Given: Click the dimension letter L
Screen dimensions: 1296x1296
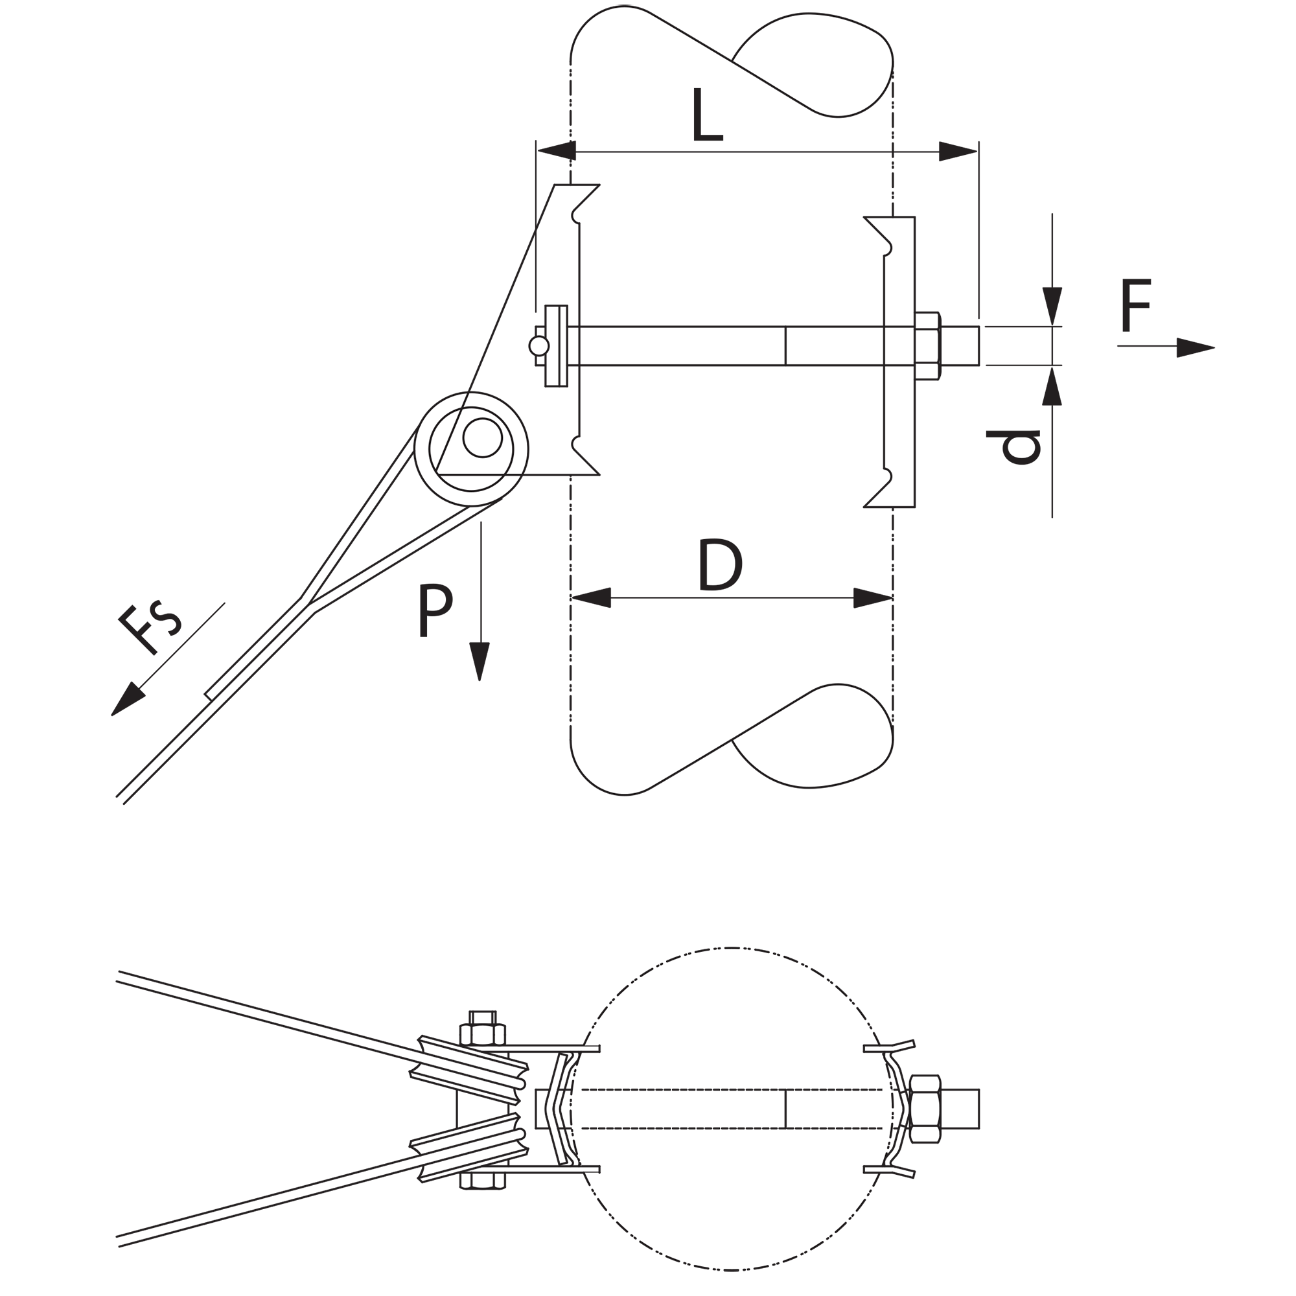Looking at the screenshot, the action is tap(708, 115).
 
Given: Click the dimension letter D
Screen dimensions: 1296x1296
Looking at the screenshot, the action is tap(721, 565).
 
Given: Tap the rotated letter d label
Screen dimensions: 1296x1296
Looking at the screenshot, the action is tap(1013, 446).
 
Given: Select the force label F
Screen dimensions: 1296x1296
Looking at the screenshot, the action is tap(1136, 305).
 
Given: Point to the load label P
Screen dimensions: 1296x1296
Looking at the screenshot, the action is tap(435, 610).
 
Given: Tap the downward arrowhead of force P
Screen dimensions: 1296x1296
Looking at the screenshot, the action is tap(479, 662).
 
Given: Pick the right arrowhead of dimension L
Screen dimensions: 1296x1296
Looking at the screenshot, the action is tap(958, 152).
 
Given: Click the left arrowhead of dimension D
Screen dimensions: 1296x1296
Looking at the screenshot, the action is tap(591, 597).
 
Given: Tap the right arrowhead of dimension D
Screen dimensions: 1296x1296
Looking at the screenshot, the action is tap(873, 597).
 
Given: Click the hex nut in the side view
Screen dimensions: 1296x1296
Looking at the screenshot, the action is tap(927, 346).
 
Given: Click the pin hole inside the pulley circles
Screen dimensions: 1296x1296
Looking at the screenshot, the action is tap(481, 437).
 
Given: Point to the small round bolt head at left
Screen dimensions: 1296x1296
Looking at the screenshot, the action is tap(538, 346).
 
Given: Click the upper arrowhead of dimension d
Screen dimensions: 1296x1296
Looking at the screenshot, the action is tap(1052, 307).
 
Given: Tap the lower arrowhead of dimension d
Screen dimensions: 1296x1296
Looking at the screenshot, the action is tap(1052, 385).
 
